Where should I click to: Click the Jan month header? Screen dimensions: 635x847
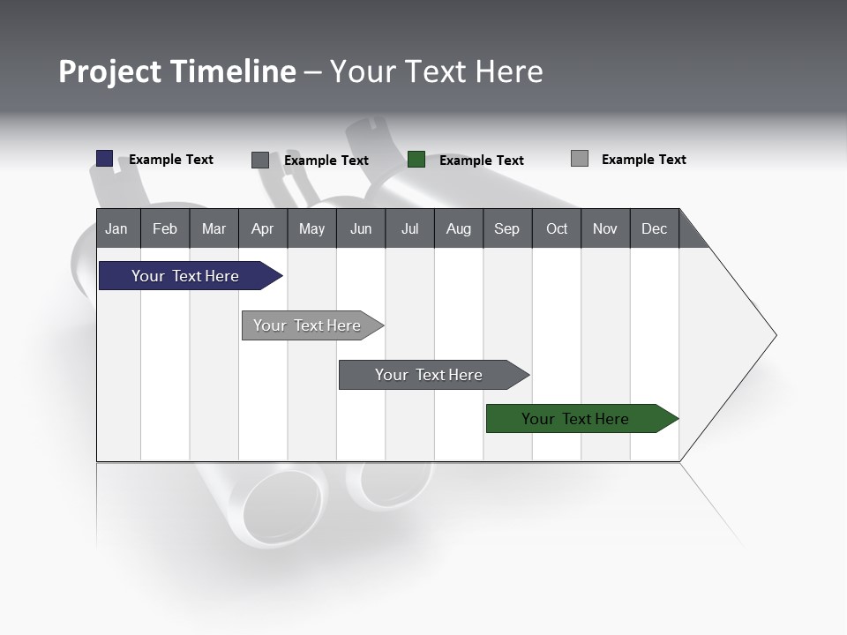coord(117,228)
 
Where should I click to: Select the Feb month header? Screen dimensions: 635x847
coord(165,228)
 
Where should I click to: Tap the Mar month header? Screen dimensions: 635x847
coord(214,228)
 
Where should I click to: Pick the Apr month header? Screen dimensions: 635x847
coord(262,228)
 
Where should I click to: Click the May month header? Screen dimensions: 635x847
coord(311,228)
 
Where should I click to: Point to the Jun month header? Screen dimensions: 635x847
coord(361,228)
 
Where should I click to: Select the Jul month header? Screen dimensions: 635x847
coord(409,228)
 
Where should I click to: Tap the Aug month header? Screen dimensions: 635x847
coord(459,228)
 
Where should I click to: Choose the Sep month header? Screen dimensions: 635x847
coord(507,228)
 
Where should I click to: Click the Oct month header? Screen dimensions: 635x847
coord(557,228)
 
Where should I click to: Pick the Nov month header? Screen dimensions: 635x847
coord(605,228)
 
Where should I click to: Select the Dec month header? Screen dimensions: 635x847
coord(655,228)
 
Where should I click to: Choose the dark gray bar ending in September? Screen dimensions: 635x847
coord(430,375)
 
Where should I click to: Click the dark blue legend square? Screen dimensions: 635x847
coord(105,159)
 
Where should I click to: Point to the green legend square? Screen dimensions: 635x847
coord(416,160)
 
